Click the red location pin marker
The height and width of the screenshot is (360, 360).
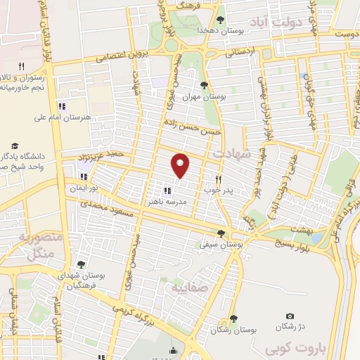(x=181, y=165)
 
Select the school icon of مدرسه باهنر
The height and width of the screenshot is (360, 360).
(x=167, y=190)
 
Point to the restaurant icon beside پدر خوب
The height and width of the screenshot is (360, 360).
(x=219, y=179)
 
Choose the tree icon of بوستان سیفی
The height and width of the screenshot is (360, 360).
(x=221, y=233)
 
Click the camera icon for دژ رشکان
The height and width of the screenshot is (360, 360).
(x=290, y=317)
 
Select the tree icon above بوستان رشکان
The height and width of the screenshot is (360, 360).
(x=233, y=318)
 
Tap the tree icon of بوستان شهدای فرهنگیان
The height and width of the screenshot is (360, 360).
(x=82, y=264)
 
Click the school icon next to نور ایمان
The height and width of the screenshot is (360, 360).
(x=84, y=176)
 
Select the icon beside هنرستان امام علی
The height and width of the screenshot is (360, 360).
(x=62, y=106)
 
